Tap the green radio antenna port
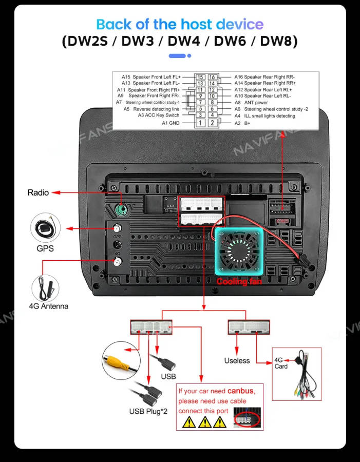(x=122, y=210)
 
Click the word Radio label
(x=38, y=192)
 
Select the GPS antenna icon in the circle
(x=46, y=228)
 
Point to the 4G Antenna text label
(x=48, y=306)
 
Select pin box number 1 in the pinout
(x=200, y=123)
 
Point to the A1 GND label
(x=170, y=123)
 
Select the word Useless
(x=237, y=361)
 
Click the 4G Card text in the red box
(x=281, y=363)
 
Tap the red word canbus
(x=241, y=391)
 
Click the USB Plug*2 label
(x=148, y=411)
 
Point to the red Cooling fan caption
(x=239, y=282)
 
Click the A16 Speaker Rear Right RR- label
(x=264, y=77)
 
